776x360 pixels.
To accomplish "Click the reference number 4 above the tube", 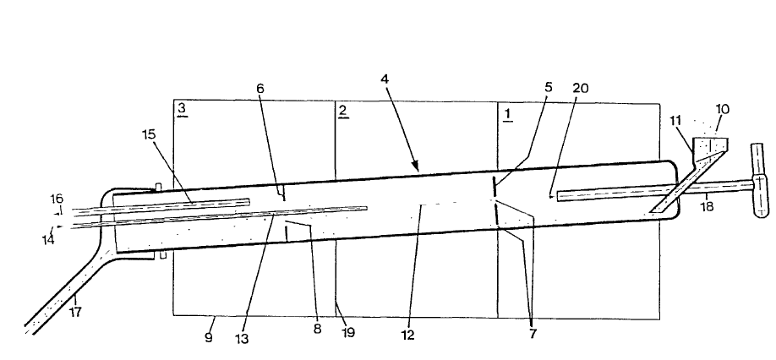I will pyautogui.click(x=385, y=79).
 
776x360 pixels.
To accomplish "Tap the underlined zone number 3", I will pyautogui.click(x=182, y=109).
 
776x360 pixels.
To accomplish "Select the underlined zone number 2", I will pyautogui.click(x=342, y=111).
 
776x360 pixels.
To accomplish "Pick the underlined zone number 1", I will pyautogui.click(x=507, y=112).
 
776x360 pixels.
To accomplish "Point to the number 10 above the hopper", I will pyautogui.click(x=722, y=110).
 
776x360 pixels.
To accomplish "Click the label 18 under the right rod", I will pyautogui.click(x=708, y=205).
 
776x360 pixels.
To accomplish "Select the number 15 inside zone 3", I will pyautogui.click(x=150, y=134).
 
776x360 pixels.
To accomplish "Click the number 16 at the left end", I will pyautogui.click(x=57, y=199).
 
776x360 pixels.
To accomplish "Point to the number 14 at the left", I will pyautogui.click(x=50, y=240).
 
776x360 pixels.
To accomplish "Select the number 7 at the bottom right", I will pyautogui.click(x=533, y=332).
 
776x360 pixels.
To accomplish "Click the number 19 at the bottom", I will pyautogui.click(x=348, y=332).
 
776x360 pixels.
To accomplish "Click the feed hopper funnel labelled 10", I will pyautogui.click(x=711, y=149).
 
